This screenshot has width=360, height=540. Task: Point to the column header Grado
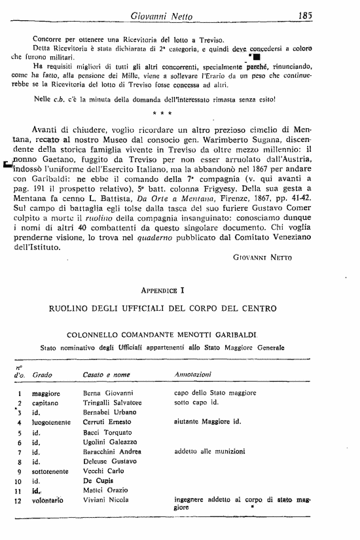[43, 374]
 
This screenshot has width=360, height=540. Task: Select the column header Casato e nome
[107, 374]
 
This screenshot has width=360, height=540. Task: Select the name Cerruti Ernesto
[107, 423]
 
